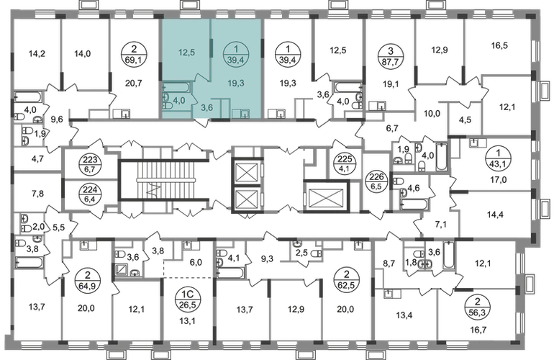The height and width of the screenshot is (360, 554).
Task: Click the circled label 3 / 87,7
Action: (391, 56)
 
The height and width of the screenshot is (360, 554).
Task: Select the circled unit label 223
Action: (90, 165)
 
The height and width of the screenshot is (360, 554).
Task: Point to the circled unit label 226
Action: (376, 181)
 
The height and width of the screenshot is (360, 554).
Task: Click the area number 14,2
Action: (37, 54)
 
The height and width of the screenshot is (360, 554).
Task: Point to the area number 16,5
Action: (499, 45)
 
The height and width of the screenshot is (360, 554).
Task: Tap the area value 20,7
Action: (134, 83)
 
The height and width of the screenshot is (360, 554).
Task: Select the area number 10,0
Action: (432, 114)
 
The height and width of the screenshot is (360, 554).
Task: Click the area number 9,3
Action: (267, 259)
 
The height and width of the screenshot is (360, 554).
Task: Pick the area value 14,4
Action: (495, 215)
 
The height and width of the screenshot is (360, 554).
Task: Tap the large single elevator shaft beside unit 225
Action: (326, 197)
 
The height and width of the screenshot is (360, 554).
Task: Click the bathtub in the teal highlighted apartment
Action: (177, 87)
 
